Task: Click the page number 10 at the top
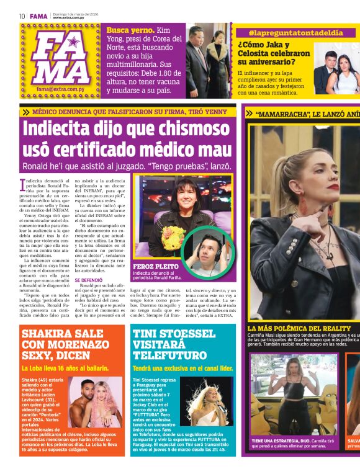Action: tap(22, 16)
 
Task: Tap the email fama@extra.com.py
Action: tap(61, 89)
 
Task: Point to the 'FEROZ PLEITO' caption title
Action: tap(153, 266)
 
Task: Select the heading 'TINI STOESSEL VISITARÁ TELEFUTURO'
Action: tap(175, 344)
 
